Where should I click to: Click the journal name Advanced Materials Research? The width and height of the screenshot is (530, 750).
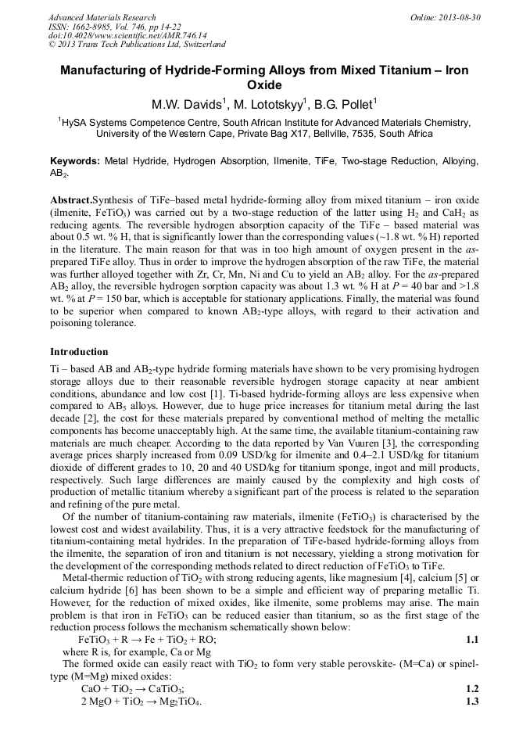click(102, 17)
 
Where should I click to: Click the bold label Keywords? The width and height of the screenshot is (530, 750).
click(75, 160)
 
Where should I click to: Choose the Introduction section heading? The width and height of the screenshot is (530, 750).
click(79, 351)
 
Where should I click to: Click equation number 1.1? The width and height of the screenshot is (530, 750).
click(472, 639)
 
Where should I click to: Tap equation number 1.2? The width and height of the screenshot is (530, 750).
click(472, 689)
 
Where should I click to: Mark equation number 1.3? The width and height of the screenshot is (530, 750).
click(472, 701)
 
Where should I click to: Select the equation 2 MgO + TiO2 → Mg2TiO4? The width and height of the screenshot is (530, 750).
click(141, 701)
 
